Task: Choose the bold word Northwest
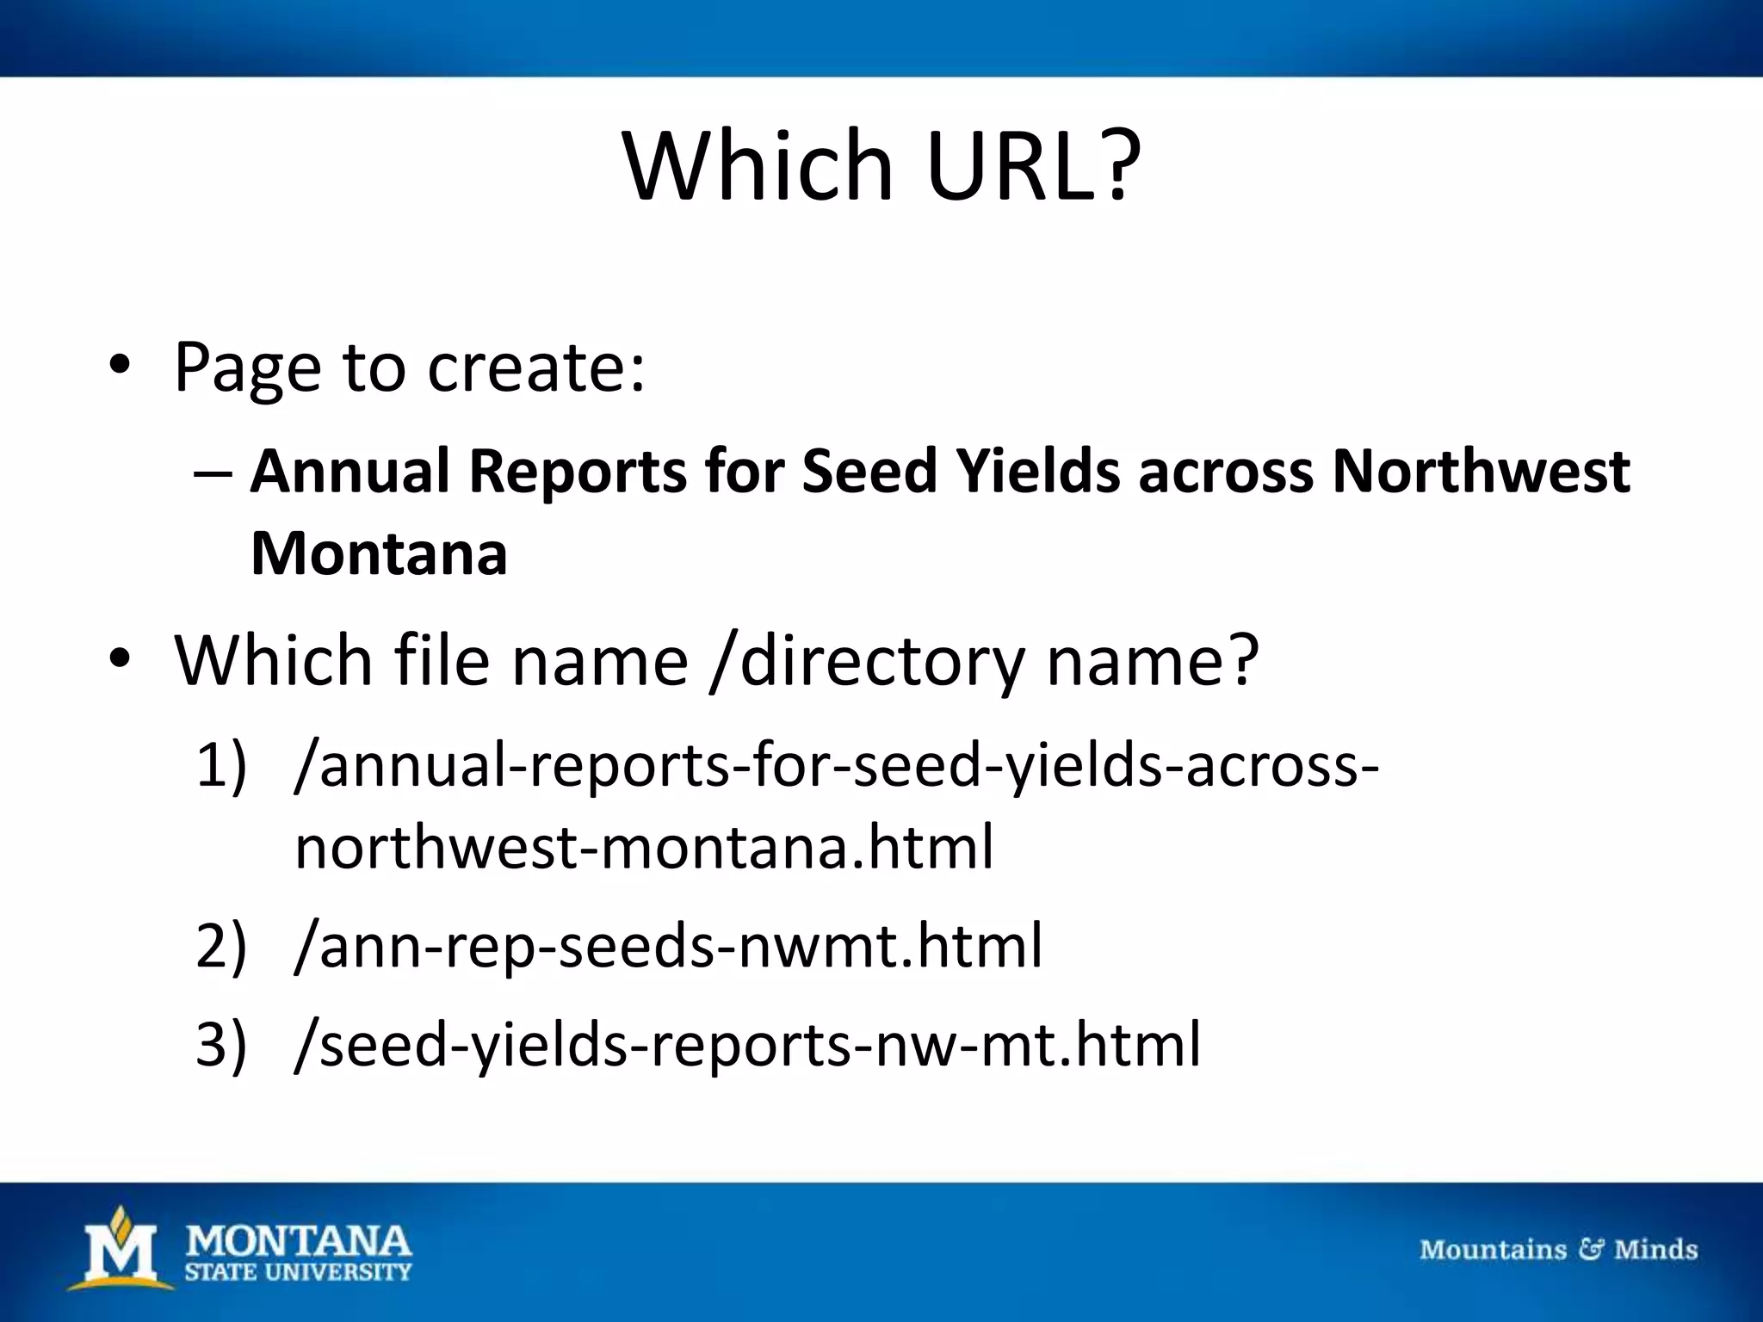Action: [x=1480, y=473]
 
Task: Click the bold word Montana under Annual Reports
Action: [x=379, y=553]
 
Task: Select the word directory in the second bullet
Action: [x=882, y=661]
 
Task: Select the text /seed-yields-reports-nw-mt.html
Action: [x=747, y=1045]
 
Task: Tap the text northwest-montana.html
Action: [x=644, y=847]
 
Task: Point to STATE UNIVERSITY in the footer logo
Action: [x=298, y=1271]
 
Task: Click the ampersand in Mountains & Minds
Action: [x=1590, y=1249]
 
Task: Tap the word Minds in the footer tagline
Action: [x=1655, y=1249]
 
